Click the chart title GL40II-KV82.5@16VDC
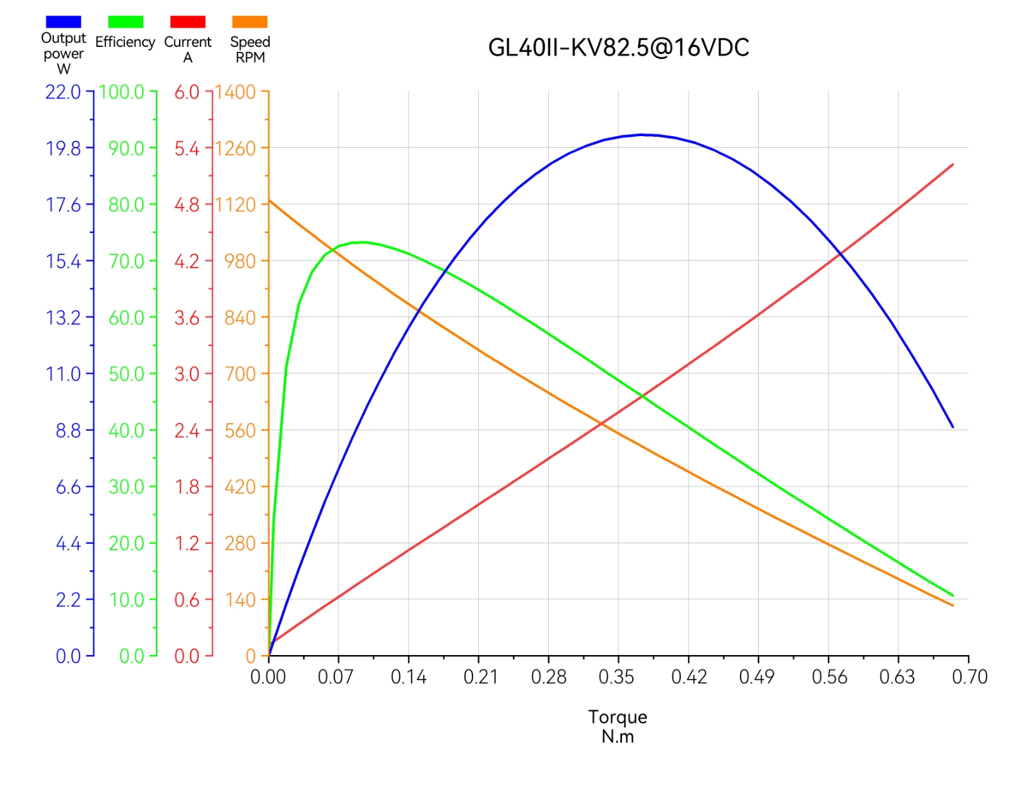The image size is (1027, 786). click(x=618, y=48)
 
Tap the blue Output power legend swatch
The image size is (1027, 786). click(x=63, y=22)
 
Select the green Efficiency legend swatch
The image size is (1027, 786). click(x=125, y=22)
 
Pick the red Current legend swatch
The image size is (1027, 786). click(x=187, y=22)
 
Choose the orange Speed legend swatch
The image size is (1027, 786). click(x=250, y=22)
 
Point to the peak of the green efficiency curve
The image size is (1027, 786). click(x=364, y=242)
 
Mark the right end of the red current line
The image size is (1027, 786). click(x=953, y=165)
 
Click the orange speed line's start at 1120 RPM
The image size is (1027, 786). click(x=270, y=201)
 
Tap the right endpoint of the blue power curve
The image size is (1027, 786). click(x=953, y=427)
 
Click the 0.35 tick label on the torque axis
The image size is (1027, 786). click(x=616, y=677)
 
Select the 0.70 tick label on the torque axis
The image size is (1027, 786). click(x=969, y=677)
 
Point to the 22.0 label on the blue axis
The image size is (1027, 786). click(x=63, y=92)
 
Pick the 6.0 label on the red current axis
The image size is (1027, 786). click(x=187, y=92)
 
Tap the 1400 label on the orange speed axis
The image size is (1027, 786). click(x=236, y=92)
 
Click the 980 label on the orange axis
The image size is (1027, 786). click(x=240, y=261)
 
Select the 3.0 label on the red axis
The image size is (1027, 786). click(x=187, y=374)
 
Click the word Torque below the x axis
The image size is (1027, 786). click(x=617, y=717)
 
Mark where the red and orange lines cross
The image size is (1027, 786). click(x=601, y=423)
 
